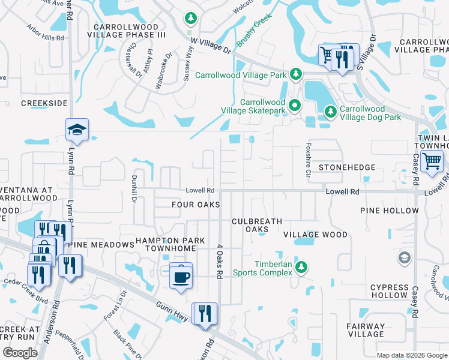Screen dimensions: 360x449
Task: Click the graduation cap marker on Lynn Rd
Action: (x=77, y=128)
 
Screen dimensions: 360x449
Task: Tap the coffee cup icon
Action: (x=181, y=276)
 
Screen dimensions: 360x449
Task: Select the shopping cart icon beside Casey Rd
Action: (x=432, y=161)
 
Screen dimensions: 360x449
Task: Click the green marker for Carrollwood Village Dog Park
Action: (x=330, y=111)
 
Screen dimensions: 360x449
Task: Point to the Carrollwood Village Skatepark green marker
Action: (x=295, y=106)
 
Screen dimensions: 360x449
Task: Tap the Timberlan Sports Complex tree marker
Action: (x=303, y=266)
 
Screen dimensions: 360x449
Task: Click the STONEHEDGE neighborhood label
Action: (x=347, y=167)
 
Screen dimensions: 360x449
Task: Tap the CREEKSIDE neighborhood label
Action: (x=44, y=103)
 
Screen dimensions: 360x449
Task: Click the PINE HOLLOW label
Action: (x=389, y=211)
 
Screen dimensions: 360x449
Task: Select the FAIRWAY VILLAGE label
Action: (x=365, y=330)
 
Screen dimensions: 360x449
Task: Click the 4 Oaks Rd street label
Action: (x=220, y=261)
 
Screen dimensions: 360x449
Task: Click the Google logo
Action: (x=20, y=353)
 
